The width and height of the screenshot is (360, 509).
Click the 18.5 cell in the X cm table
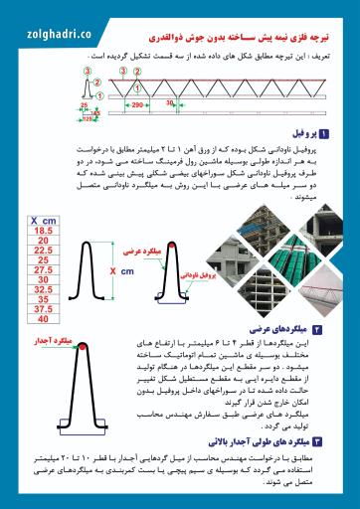click(43, 229)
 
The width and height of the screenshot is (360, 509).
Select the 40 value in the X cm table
click(43, 318)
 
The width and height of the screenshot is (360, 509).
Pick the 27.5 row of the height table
click(43, 269)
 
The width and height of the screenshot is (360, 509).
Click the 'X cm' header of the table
click(43, 218)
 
